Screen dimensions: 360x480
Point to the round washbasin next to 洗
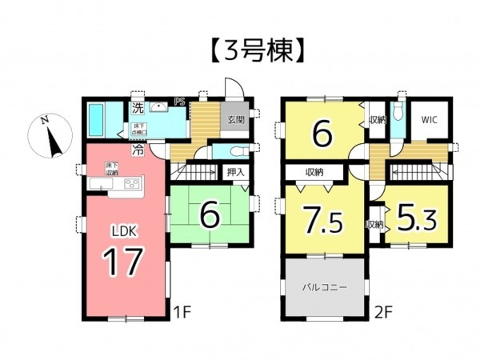click(x=158, y=107)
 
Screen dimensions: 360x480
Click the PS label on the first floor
click(x=181, y=102)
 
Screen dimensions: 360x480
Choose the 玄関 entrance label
click(x=235, y=120)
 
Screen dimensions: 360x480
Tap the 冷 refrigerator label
click(x=138, y=149)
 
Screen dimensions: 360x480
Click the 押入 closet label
click(x=234, y=171)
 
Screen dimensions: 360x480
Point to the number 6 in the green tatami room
click(x=210, y=215)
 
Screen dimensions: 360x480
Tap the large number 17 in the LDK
click(x=123, y=260)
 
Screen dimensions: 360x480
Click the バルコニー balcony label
click(x=323, y=286)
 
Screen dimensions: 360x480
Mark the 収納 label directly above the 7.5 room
click(x=314, y=172)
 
